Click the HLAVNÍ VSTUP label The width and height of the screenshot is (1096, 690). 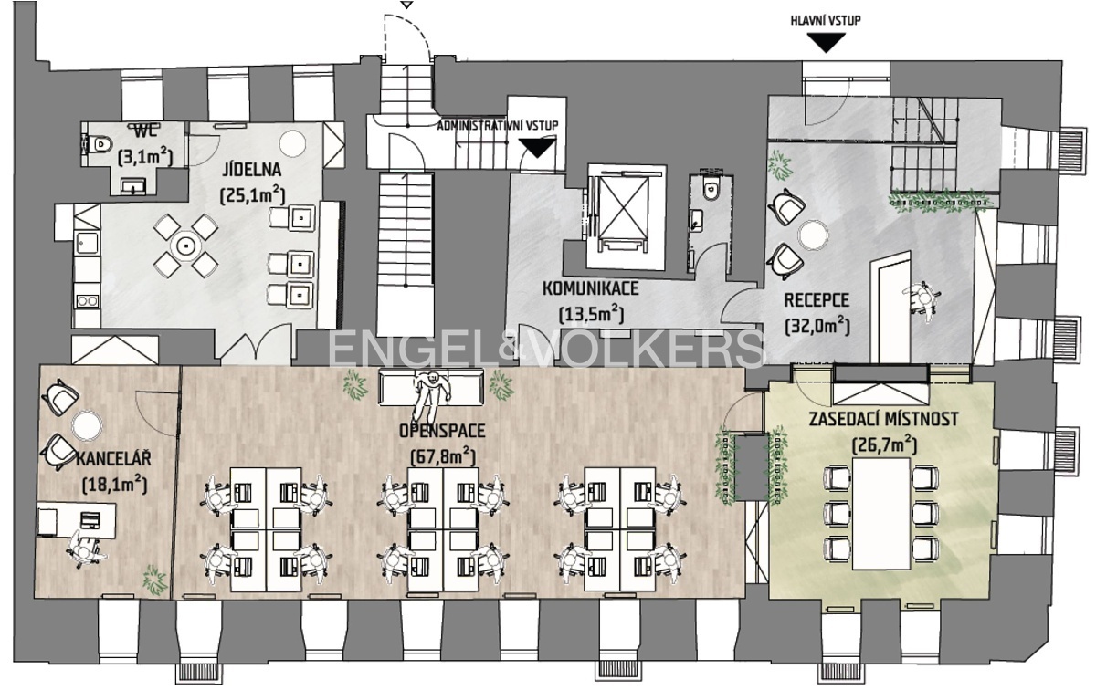[x=826, y=21]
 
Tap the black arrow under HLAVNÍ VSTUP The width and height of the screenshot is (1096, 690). [x=826, y=42]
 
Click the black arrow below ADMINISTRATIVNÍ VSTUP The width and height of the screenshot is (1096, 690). [x=537, y=148]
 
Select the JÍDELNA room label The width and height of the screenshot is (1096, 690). [x=252, y=170]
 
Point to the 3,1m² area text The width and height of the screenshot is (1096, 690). [x=146, y=158]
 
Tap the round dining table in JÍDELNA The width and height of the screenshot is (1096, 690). [x=186, y=245]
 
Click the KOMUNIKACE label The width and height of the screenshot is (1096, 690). [x=591, y=288]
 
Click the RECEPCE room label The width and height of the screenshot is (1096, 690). [x=817, y=299]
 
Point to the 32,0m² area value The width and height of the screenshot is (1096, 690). [x=817, y=325]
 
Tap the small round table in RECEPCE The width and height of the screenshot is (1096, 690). [x=814, y=235]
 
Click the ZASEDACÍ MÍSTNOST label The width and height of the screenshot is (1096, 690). [x=883, y=419]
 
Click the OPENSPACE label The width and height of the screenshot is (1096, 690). [x=442, y=431]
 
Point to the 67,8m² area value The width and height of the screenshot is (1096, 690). [x=443, y=456]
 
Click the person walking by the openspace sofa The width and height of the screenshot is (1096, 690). [x=429, y=395]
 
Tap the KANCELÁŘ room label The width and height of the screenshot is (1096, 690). [x=113, y=459]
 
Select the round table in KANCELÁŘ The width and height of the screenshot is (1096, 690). [x=87, y=424]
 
